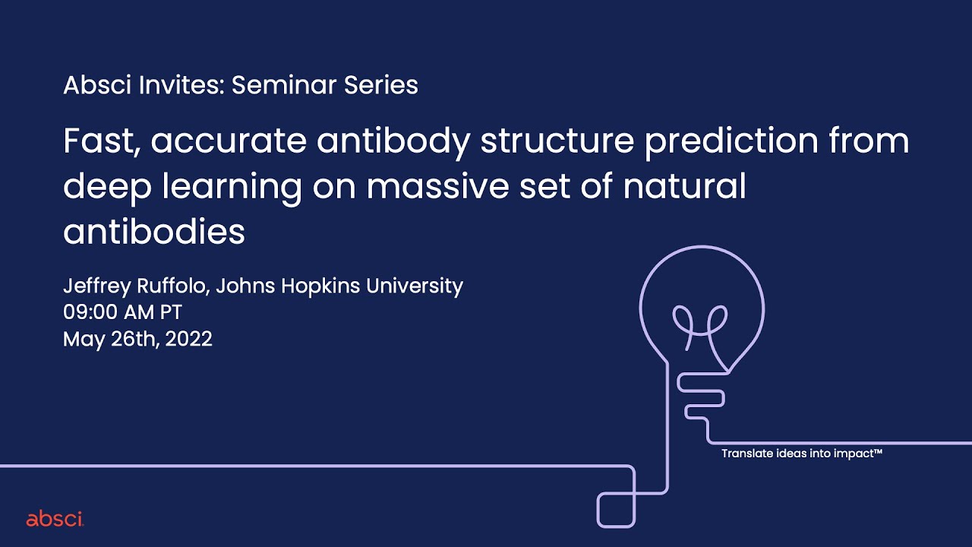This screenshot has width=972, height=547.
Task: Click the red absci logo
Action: click(x=55, y=520)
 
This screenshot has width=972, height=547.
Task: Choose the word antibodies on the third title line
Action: click(x=154, y=231)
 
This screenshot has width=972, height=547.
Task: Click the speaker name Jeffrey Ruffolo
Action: click(x=137, y=286)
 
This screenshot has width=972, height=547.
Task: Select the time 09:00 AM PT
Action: click(x=122, y=312)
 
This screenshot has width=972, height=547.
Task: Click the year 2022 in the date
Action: click(x=188, y=339)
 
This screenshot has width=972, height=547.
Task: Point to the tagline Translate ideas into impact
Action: click(x=801, y=454)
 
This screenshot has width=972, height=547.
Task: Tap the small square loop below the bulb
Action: click(x=616, y=509)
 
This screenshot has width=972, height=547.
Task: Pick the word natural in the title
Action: click(x=686, y=186)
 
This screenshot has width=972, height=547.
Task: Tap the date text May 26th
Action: click(x=111, y=339)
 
